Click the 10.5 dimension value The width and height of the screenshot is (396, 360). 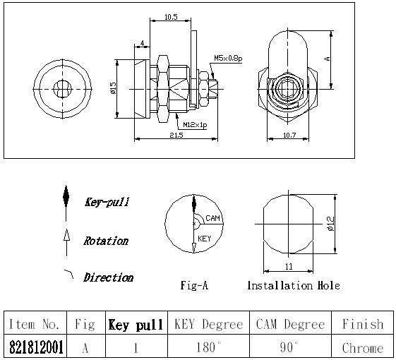tap(171, 17)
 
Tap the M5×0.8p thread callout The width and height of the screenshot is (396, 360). tap(228, 59)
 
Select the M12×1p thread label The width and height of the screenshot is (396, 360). tap(195, 125)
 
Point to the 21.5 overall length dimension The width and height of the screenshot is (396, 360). tap(176, 135)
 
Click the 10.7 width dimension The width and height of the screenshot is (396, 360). tap(289, 135)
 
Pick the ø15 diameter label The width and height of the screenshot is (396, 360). tap(113, 88)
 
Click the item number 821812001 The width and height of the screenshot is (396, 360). tap(36, 347)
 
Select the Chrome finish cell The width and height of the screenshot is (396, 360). tap(363, 348)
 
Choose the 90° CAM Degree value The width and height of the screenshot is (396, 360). tap(289, 347)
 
